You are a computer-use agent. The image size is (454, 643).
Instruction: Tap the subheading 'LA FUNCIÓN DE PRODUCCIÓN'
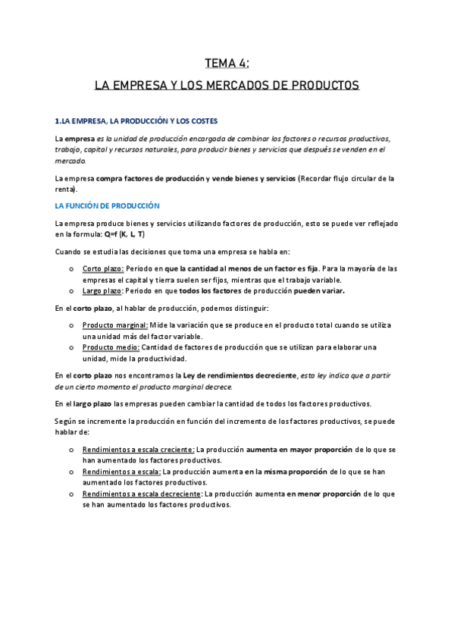[107, 205]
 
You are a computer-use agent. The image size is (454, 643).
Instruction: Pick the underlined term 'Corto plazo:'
[103, 268]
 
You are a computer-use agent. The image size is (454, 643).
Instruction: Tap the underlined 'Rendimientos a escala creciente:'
[138, 449]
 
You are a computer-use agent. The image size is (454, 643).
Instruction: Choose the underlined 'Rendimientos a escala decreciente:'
[142, 494]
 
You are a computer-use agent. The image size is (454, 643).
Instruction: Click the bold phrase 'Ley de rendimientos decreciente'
[234, 375]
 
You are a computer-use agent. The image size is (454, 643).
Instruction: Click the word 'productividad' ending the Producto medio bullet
[163, 358]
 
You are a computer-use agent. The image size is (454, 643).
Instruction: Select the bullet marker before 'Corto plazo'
[70, 269]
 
